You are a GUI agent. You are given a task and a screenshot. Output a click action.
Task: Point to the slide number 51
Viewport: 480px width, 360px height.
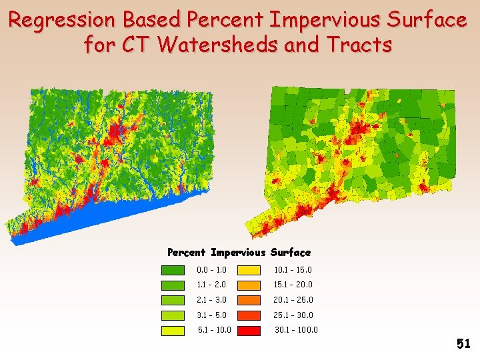(463, 344)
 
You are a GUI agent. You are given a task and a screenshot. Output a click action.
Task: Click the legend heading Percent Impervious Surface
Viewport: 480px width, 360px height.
(239, 252)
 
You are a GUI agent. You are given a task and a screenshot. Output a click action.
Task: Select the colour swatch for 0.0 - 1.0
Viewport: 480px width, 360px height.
(173, 270)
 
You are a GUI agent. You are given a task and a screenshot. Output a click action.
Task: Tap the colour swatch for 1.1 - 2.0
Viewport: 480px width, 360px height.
(173, 285)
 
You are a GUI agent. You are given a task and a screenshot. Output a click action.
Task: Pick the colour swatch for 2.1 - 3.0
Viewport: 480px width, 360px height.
(173, 300)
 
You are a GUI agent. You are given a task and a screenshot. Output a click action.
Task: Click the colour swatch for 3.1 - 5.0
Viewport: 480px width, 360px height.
(173, 315)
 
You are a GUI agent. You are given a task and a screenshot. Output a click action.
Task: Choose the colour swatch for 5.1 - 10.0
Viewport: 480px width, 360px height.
(173, 330)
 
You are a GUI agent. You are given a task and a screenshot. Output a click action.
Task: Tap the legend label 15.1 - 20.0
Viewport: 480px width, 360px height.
(293, 285)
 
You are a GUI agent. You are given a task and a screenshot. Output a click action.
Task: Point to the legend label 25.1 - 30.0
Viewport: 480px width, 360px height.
(293, 315)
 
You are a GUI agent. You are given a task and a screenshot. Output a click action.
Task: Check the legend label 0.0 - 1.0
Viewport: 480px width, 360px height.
(211, 270)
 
